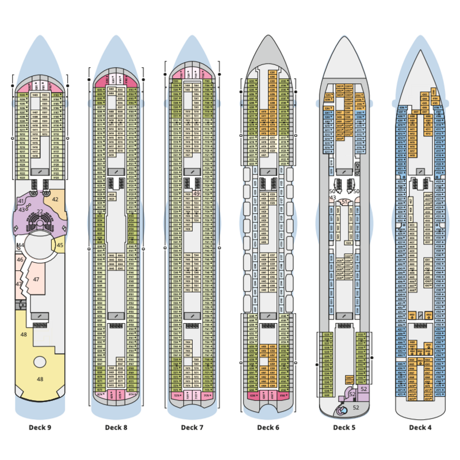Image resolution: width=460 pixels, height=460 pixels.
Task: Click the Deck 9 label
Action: [x=40, y=427]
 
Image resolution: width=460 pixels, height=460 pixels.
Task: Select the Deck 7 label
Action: [x=192, y=427]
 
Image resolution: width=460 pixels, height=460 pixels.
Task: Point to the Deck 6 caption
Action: [x=268, y=427]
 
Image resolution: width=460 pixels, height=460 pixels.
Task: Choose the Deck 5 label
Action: [x=344, y=427]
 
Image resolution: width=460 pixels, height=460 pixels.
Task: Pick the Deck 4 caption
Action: [x=420, y=427]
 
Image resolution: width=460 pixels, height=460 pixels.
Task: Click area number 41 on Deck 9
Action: [x=21, y=201]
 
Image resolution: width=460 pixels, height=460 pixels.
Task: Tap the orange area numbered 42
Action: [x=56, y=199]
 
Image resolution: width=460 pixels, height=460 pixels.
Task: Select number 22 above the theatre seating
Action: [x=40, y=212]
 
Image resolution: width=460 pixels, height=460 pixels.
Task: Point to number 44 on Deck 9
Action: [x=21, y=246]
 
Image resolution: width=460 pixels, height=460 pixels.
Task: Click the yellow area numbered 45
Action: [x=60, y=246]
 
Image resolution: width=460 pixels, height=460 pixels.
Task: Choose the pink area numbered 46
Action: [x=20, y=260]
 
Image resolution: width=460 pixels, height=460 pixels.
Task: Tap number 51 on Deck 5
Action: [x=344, y=202]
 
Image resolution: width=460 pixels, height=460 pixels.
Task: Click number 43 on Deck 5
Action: [x=332, y=197]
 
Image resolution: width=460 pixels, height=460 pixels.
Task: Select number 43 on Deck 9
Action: [x=22, y=210]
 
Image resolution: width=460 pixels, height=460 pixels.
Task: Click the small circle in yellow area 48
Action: [x=40, y=362]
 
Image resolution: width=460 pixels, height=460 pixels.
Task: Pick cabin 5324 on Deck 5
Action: [x=348, y=243]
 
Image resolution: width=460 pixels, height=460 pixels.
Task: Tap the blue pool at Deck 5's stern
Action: [x=342, y=410]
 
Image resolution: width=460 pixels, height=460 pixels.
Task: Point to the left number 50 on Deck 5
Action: [x=332, y=191]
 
